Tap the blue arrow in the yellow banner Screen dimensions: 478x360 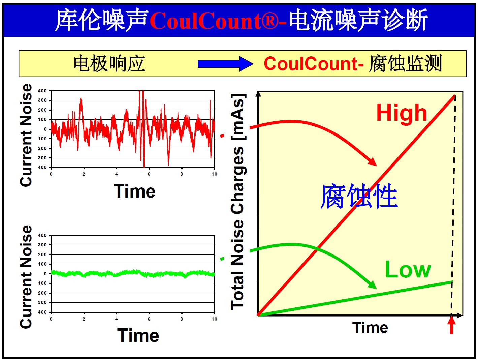click(225, 64)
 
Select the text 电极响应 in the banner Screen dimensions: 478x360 click(109, 63)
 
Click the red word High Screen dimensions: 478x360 click(402, 113)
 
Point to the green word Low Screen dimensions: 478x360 click(408, 270)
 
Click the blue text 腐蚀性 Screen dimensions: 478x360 click(359, 196)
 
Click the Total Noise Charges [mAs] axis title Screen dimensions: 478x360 click(238, 202)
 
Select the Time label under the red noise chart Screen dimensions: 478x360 click(134, 191)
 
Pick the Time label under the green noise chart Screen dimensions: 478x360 click(138, 335)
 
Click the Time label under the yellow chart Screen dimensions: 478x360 click(370, 328)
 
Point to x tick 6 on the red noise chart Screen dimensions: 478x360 click(149, 174)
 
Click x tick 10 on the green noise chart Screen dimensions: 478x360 click(214, 319)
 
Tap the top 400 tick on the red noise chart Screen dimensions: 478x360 click(42, 91)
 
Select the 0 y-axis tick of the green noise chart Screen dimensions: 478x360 click(45, 274)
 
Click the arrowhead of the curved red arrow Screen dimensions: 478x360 click(372, 161)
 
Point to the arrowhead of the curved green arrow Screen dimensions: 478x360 click(372, 284)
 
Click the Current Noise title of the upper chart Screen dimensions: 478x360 click(26, 135)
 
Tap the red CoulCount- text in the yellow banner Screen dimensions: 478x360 click(314, 64)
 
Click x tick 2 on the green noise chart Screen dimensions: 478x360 click(84, 319)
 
